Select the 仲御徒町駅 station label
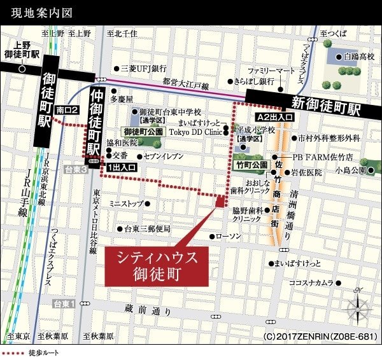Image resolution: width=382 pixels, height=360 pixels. point(95,121)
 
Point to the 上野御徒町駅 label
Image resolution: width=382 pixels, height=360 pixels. point(22,50)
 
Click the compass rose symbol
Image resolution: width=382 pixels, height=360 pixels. point(358,307)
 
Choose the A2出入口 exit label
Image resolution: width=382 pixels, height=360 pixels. point(274,118)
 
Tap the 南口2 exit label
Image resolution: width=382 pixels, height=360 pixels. point(67,109)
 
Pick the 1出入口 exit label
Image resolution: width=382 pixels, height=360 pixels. point(121,167)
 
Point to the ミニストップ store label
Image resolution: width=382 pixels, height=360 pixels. point(127,204)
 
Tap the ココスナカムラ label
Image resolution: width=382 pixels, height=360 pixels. point(311,282)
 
